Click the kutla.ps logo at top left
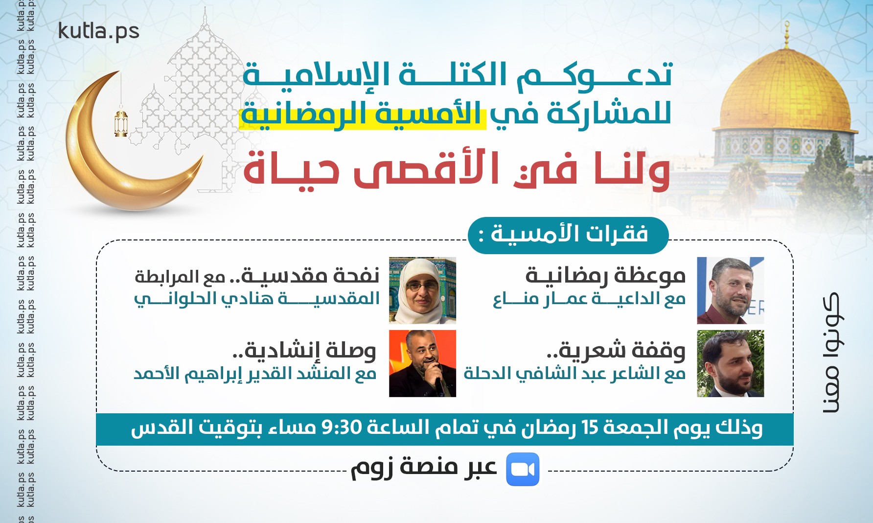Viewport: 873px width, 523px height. click(98, 31)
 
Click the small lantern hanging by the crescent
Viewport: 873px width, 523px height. click(121, 123)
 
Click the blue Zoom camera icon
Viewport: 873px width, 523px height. click(522, 469)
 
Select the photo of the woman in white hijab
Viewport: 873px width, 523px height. click(422, 290)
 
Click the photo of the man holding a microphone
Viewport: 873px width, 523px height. click(422, 363)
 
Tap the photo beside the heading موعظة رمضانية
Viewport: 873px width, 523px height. click(730, 290)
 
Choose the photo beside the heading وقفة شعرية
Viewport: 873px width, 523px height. click(730, 363)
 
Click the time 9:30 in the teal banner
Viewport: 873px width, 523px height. click(341, 428)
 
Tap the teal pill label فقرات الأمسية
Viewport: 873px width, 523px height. click(568, 235)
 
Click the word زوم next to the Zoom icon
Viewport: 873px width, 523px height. click(372, 468)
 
